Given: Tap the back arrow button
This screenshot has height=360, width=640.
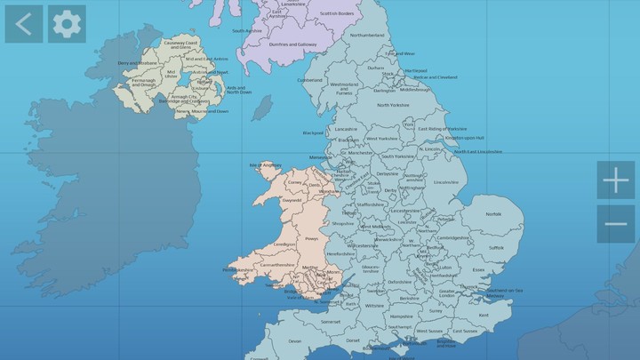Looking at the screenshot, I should click(x=24, y=24).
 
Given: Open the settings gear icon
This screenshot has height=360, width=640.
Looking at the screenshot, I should click(x=67, y=24).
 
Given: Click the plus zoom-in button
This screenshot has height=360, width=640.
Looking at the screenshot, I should click(x=616, y=180).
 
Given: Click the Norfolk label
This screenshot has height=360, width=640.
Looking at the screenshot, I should click(x=492, y=214).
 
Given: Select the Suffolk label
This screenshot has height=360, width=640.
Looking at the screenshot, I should click(x=496, y=247).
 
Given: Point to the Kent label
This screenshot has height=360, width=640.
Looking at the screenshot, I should click(x=484, y=315).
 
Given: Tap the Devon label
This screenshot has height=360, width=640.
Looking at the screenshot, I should click(x=295, y=340).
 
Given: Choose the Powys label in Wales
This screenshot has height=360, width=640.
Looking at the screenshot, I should click(x=311, y=238).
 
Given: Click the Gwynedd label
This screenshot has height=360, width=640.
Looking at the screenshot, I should click(x=291, y=201).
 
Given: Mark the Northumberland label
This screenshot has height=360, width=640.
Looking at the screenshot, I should click(x=367, y=35).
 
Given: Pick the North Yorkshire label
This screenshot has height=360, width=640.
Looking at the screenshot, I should click(x=393, y=105).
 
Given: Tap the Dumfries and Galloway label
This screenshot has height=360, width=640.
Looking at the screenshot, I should click(x=292, y=44).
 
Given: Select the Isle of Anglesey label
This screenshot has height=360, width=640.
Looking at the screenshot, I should click(x=268, y=164).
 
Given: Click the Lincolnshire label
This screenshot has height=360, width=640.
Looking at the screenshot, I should click(x=446, y=182).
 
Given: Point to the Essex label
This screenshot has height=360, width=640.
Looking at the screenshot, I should click(x=478, y=269).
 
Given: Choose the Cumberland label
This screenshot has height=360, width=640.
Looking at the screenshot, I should click(x=310, y=79).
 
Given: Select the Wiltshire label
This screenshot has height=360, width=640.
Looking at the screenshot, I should click(x=374, y=305).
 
